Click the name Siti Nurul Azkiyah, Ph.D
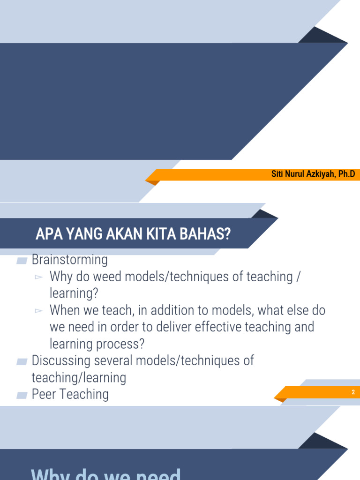coord(313,174)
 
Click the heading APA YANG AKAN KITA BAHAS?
coord(133,234)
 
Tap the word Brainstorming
coord(69,259)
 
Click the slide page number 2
coord(353,392)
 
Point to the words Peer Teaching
coord(70,394)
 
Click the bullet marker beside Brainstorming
coord(22,261)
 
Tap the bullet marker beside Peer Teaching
coord(22,396)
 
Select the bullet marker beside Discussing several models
coord(22,362)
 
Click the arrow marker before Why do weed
coord(39,277)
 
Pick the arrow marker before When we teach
coord(39,311)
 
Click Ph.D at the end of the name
coord(346,174)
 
